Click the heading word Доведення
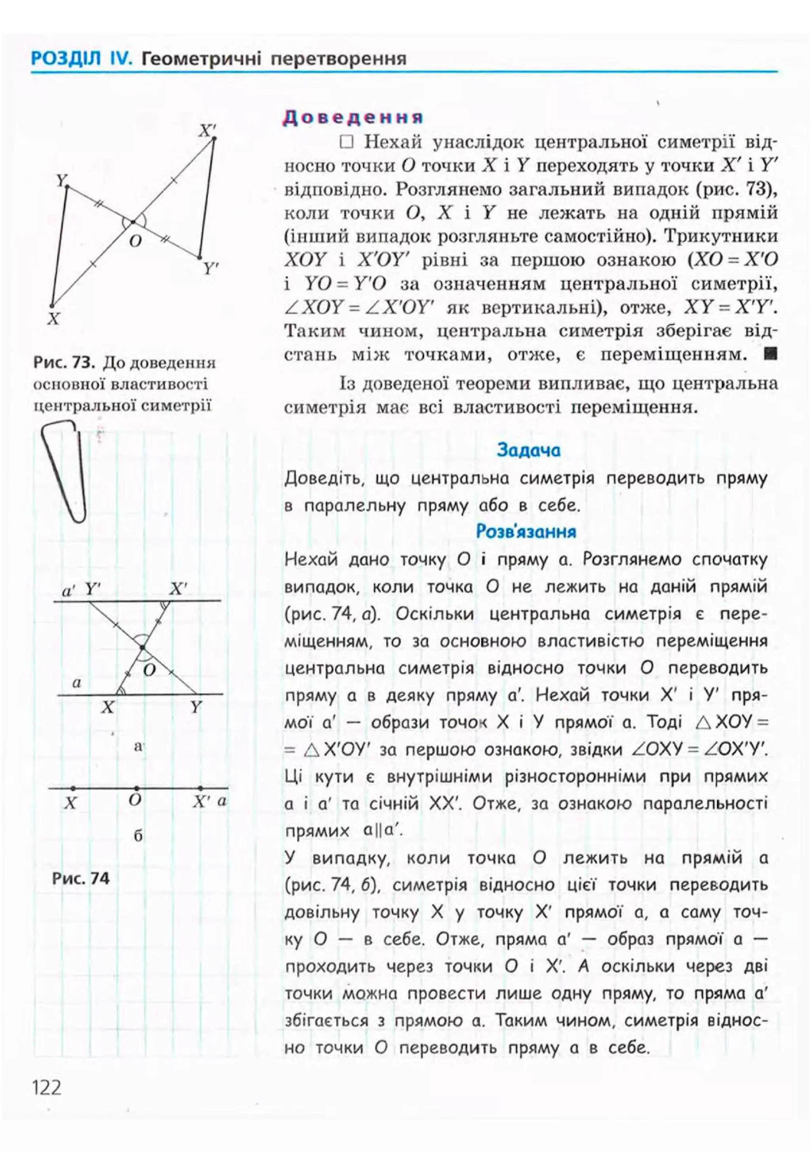point(353,117)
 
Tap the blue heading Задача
point(528,450)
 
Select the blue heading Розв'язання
point(526,531)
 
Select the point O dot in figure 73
point(133,222)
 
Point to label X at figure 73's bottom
point(53,319)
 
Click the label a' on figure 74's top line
point(69,591)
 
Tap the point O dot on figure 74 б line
point(137,788)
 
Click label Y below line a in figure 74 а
point(196,707)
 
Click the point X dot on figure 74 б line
point(73,788)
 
